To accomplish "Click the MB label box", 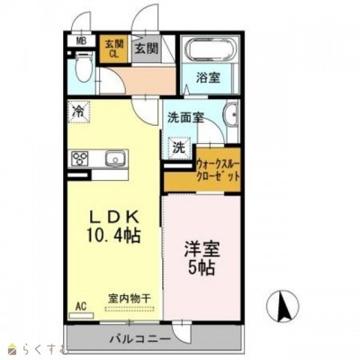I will [x=80, y=40].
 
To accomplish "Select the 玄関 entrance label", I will [x=147, y=48].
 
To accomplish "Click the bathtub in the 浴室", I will [x=208, y=51].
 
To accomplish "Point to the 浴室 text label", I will [x=208, y=77].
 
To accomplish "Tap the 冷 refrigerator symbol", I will [x=80, y=113].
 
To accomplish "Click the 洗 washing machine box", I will [x=178, y=148].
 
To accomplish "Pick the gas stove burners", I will [x=81, y=160].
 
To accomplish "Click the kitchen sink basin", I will [x=113, y=160].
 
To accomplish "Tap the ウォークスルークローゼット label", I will [x=219, y=170].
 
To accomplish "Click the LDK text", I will [x=114, y=216].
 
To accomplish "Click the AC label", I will [x=80, y=305].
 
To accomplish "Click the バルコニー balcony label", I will [x=140, y=339].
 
